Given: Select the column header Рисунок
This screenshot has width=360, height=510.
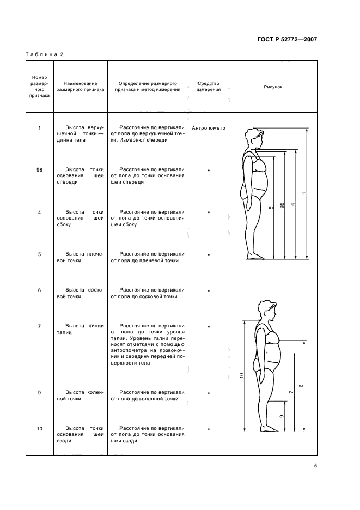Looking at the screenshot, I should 273,87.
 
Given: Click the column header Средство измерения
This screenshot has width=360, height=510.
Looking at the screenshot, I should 209,87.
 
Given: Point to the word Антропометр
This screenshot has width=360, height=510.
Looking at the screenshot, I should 209,129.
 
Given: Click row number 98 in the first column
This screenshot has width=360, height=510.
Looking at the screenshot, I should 39,170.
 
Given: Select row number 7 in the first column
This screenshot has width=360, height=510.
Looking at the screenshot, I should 39,326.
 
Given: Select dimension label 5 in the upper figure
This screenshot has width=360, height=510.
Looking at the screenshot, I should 271,207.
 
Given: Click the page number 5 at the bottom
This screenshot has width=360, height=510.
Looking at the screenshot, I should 315,466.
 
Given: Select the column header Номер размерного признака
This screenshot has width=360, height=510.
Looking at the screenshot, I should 39,87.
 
